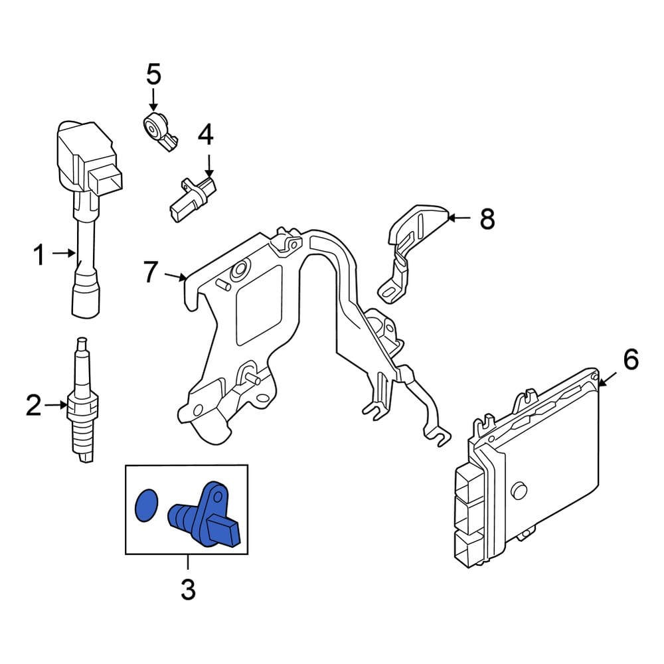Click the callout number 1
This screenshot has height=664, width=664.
tap(39, 254)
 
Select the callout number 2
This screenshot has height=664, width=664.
tap(33, 405)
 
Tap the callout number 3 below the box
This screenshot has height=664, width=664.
tap(188, 589)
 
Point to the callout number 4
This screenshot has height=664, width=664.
tap(206, 135)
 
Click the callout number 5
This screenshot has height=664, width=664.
tap(153, 74)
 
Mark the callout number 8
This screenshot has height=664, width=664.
tap(487, 218)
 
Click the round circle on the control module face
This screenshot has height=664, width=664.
tap(519, 491)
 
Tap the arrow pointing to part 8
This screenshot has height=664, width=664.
tap(459, 217)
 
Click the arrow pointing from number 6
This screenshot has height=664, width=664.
tap(608, 378)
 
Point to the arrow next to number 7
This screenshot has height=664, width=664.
tap(175, 276)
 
